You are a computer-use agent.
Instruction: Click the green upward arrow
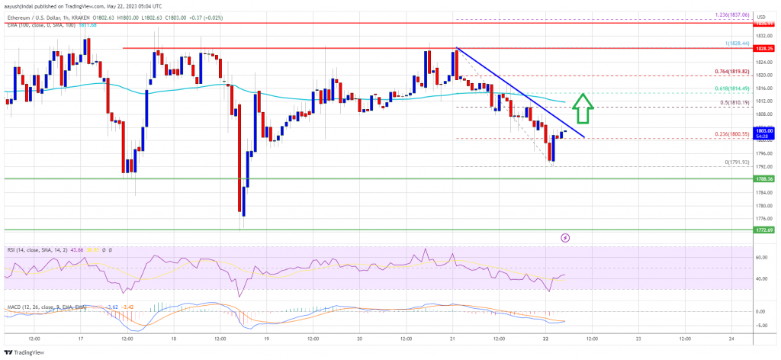coord(583,108)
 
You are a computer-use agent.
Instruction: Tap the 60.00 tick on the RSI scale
coord(760,258)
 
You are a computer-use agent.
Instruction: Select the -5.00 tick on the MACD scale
coord(760,326)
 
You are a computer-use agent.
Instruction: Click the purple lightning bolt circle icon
coord(565,238)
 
